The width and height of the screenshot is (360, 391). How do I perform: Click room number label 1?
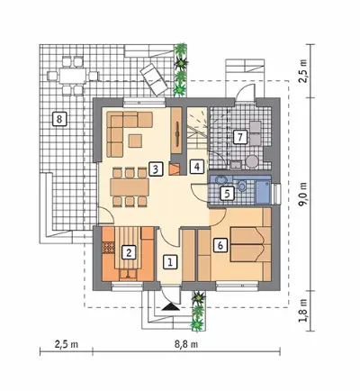(x=170, y=262)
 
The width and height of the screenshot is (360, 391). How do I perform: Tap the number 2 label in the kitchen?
(x=129, y=252)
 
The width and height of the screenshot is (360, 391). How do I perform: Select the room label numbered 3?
(x=155, y=168)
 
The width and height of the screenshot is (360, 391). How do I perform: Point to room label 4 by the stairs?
(x=197, y=166)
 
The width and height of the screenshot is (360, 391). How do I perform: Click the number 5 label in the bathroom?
(x=227, y=194)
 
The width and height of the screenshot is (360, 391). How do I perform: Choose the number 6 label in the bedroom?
(x=220, y=245)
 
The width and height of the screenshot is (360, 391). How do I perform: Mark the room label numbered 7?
(x=239, y=138)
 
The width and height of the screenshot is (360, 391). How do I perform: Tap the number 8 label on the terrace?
(x=58, y=119)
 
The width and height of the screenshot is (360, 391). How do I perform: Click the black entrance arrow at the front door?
(x=170, y=306)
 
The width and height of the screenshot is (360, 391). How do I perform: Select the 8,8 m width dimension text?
(x=186, y=344)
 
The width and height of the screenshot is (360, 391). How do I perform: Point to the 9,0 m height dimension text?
(x=304, y=194)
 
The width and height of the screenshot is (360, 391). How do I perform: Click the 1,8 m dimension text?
(x=304, y=311)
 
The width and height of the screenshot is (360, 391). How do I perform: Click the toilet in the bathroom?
(x=242, y=186)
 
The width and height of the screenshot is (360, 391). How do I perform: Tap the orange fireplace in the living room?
(x=174, y=168)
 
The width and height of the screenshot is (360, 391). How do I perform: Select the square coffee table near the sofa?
(x=135, y=141)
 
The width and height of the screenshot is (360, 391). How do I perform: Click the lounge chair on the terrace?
(x=154, y=79)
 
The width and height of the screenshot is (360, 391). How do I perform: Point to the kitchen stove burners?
(x=108, y=247)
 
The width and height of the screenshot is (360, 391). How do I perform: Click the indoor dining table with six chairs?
(x=130, y=187)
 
